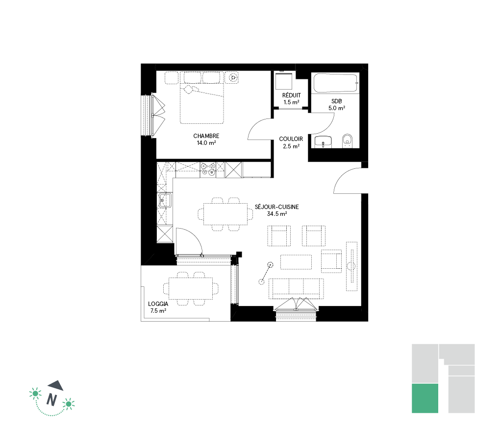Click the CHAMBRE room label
(206, 136)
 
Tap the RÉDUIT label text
(292, 95)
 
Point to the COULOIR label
(291, 139)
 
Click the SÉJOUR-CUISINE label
(277, 207)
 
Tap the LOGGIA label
(158, 304)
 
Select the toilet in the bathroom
(347, 141)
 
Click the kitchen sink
(165, 200)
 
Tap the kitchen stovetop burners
(207, 169)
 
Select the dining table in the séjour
(225, 214)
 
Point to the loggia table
(191, 288)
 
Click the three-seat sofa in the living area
(296, 289)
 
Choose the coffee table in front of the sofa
(296, 262)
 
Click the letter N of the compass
(51, 399)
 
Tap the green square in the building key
(425, 398)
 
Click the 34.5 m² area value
(277, 214)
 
